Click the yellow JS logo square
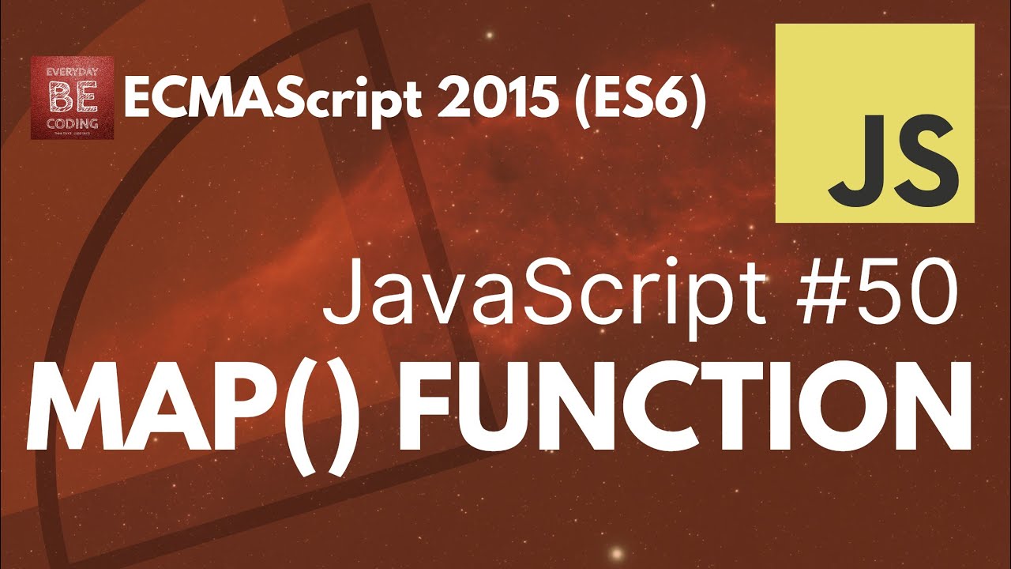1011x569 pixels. (x=874, y=122)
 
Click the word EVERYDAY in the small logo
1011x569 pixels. (x=72, y=69)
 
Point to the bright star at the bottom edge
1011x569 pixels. (x=617, y=552)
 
